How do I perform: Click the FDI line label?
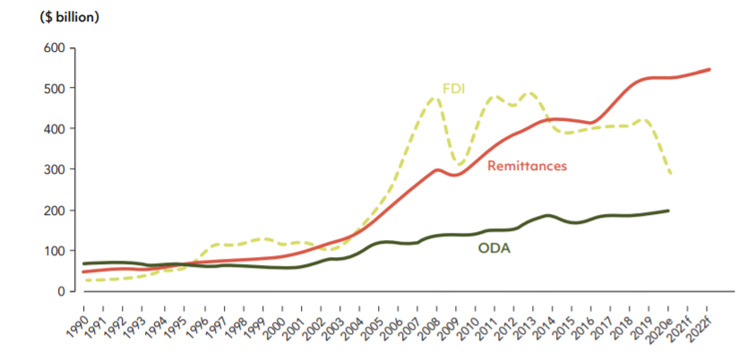coord(453,89)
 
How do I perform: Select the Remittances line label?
coord(528,165)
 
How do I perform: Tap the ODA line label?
coord(493,248)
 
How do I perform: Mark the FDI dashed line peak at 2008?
coord(435,97)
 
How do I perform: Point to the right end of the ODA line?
coord(669,210)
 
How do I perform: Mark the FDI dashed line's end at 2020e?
coord(671,173)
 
